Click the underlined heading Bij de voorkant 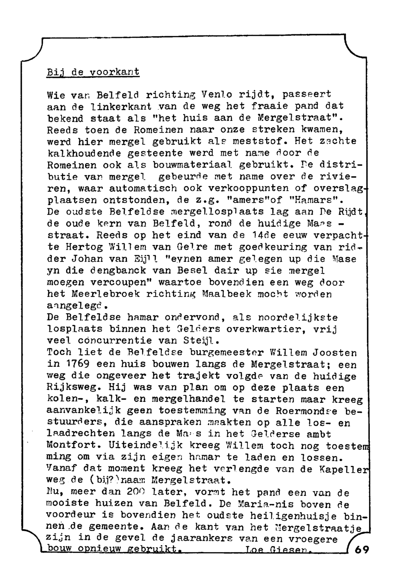click(93, 72)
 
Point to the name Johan click(93, 259)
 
